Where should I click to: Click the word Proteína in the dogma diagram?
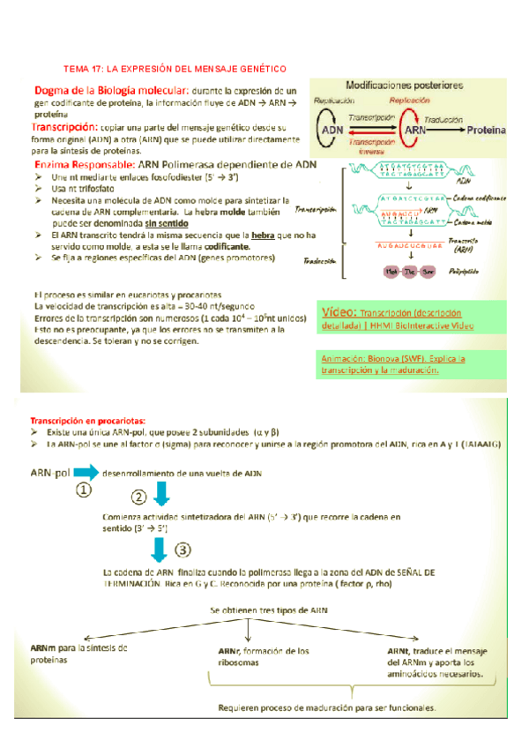pos(486,131)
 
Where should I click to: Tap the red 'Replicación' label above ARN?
pos(410,101)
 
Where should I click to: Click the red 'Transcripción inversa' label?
pos(374,146)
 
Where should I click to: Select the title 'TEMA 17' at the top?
pos(176,68)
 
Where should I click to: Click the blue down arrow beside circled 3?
pos(160,551)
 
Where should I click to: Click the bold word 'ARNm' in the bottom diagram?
pos(44,647)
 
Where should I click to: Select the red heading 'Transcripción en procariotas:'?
pos(89,420)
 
